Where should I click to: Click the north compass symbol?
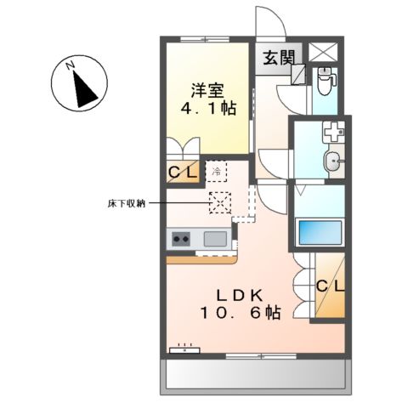click(79, 82)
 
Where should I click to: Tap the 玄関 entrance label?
click(277, 59)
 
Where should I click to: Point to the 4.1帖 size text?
click(207, 110)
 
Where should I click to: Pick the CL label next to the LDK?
click(331, 286)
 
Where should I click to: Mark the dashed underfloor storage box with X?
click(220, 204)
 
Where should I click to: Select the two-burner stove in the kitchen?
click(181, 239)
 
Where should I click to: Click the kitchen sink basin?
click(215, 239)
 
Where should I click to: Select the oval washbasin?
click(334, 160)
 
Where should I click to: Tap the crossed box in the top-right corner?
click(324, 51)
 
